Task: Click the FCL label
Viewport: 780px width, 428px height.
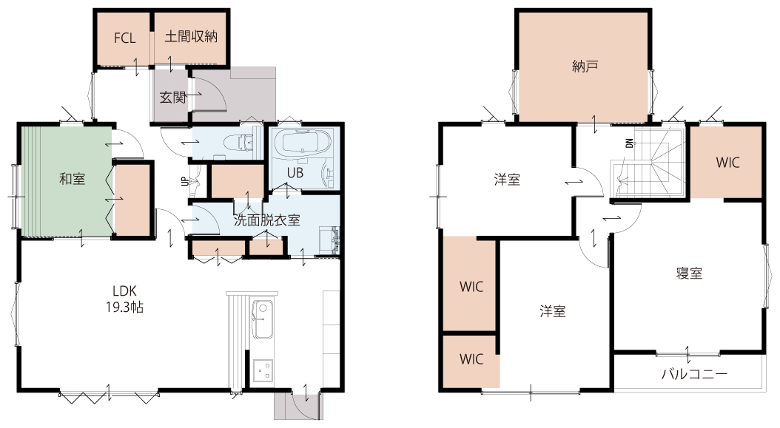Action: coord(124,38)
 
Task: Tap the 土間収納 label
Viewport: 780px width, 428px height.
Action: coord(191,37)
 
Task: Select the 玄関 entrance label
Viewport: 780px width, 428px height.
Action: coord(172,98)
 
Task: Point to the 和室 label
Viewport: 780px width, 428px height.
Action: coord(72,179)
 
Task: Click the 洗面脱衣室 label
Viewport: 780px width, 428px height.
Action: coord(267,220)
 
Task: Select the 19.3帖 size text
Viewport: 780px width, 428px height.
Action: coord(124,308)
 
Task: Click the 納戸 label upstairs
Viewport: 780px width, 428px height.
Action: coord(585,66)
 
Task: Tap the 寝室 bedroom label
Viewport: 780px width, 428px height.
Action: coord(690,273)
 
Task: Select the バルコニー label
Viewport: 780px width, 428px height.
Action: coord(694,374)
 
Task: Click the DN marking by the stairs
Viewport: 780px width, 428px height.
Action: coord(629,143)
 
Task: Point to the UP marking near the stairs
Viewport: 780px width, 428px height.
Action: coord(184,181)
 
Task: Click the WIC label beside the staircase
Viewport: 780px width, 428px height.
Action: coord(727,163)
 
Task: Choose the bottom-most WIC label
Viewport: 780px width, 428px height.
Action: coord(471,359)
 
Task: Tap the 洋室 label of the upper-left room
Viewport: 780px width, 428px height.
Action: coord(507,180)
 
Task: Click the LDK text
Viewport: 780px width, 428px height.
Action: coord(124,291)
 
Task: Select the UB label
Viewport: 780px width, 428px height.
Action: coord(295,174)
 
